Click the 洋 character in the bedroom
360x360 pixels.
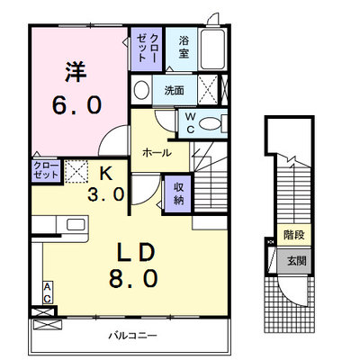[x=76, y=72]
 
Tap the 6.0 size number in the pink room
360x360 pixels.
[x=76, y=105]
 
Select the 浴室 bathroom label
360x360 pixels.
[x=184, y=47]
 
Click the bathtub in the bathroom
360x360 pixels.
[x=212, y=49]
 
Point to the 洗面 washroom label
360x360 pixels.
[x=174, y=90]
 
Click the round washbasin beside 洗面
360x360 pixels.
[x=141, y=90]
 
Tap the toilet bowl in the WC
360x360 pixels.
[x=210, y=124]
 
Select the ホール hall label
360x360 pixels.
[x=157, y=153]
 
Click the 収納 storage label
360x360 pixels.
[x=179, y=193]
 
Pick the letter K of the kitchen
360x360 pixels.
[x=106, y=173]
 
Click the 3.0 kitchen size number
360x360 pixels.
[x=106, y=193]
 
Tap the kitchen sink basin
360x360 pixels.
[x=76, y=224]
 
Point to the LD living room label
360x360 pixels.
[x=135, y=252]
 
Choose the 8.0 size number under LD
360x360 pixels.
[x=133, y=278]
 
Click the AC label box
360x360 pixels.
[x=48, y=292]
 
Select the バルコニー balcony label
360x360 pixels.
[x=132, y=335]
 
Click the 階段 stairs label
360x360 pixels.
[x=294, y=235]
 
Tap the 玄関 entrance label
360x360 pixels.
[x=297, y=261]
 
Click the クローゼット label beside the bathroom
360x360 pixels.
[x=147, y=48]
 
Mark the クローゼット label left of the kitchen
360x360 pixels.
[x=46, y=171]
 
